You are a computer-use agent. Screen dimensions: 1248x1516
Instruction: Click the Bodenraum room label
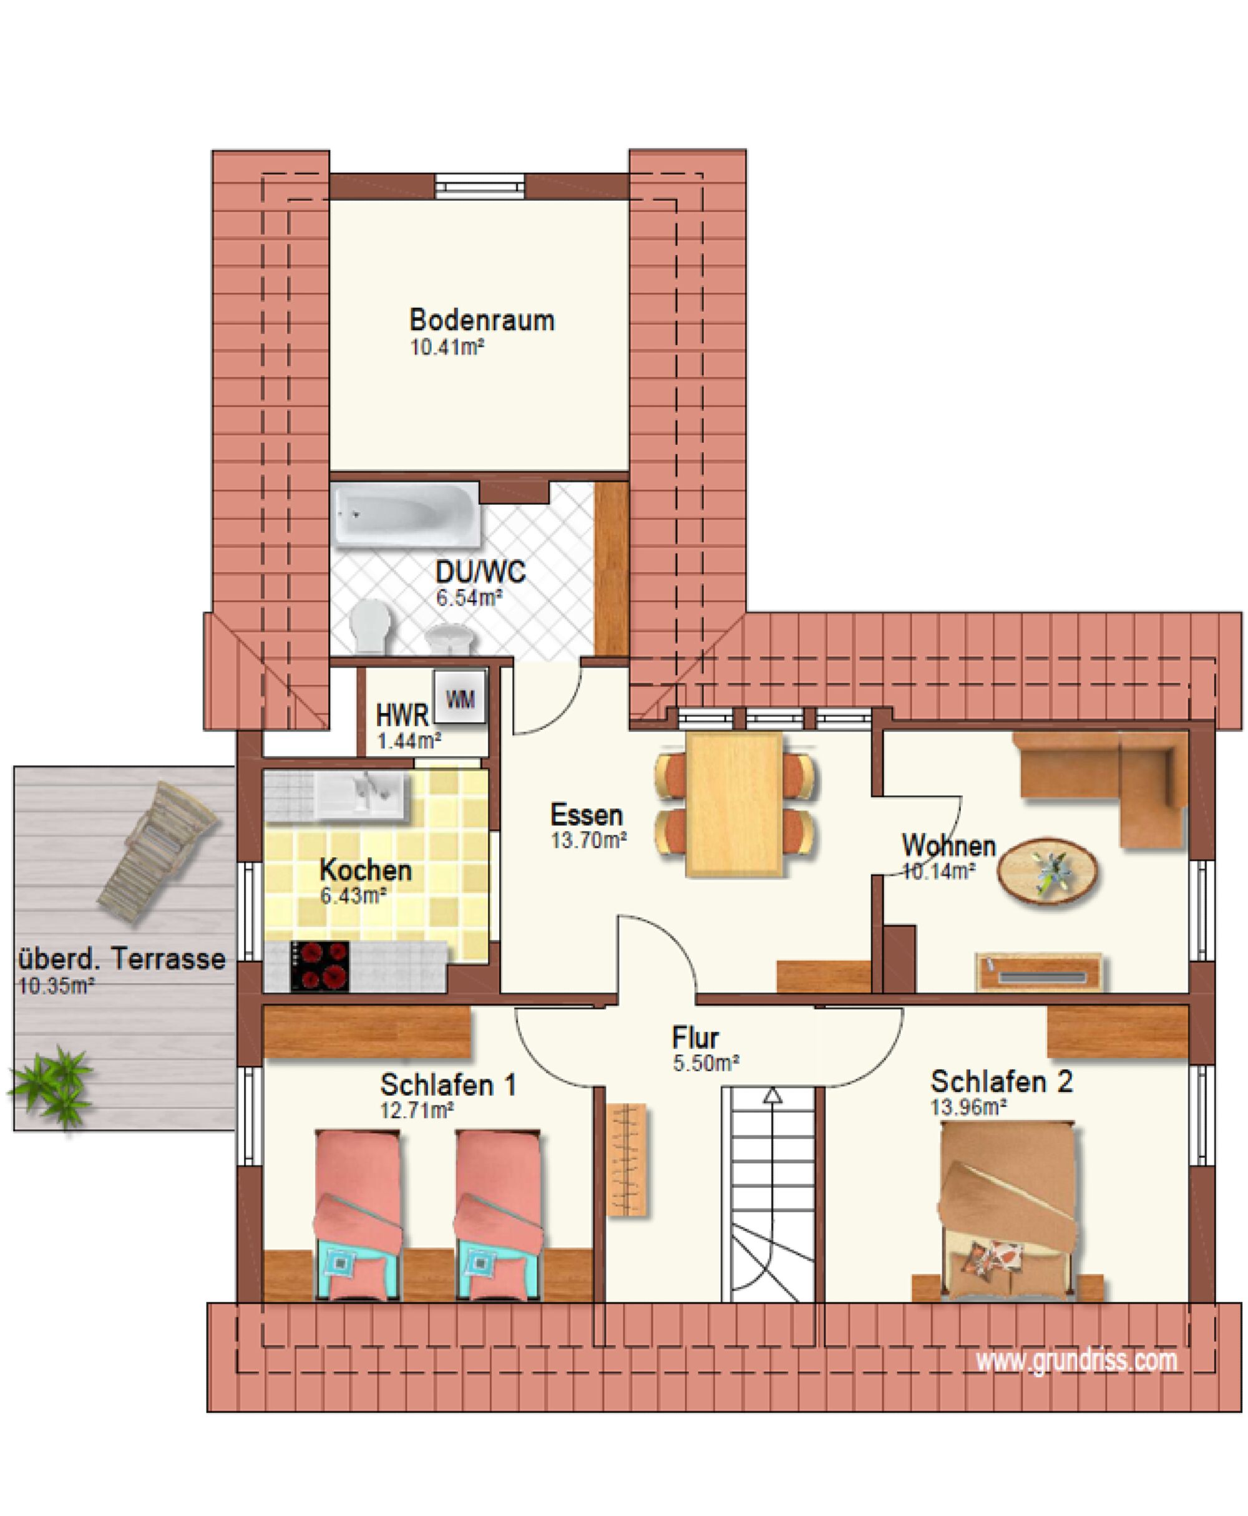tap(482, 320)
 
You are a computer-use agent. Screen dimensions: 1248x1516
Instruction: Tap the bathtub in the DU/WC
tap(406, 515)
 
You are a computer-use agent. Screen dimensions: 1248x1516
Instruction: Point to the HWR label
tap(402, 716)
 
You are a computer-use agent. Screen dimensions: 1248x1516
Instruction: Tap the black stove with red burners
tap(320, 967)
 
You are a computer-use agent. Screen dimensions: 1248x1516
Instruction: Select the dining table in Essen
tap(734, 804)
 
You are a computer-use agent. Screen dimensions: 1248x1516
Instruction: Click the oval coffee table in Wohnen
tap(1048, 870)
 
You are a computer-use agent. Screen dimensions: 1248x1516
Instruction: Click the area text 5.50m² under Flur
tap(706, 1062)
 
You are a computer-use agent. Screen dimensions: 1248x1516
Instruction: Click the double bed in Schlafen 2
tap(1008, 1210)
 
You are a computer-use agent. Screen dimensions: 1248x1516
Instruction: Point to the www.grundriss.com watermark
tap(1076, 1360)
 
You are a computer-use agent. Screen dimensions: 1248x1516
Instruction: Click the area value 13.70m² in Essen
tap(589, 840)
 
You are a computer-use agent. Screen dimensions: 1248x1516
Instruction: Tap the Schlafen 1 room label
tap(448, 1085)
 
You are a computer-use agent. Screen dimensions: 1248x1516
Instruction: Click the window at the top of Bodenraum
tap(480, 186)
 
